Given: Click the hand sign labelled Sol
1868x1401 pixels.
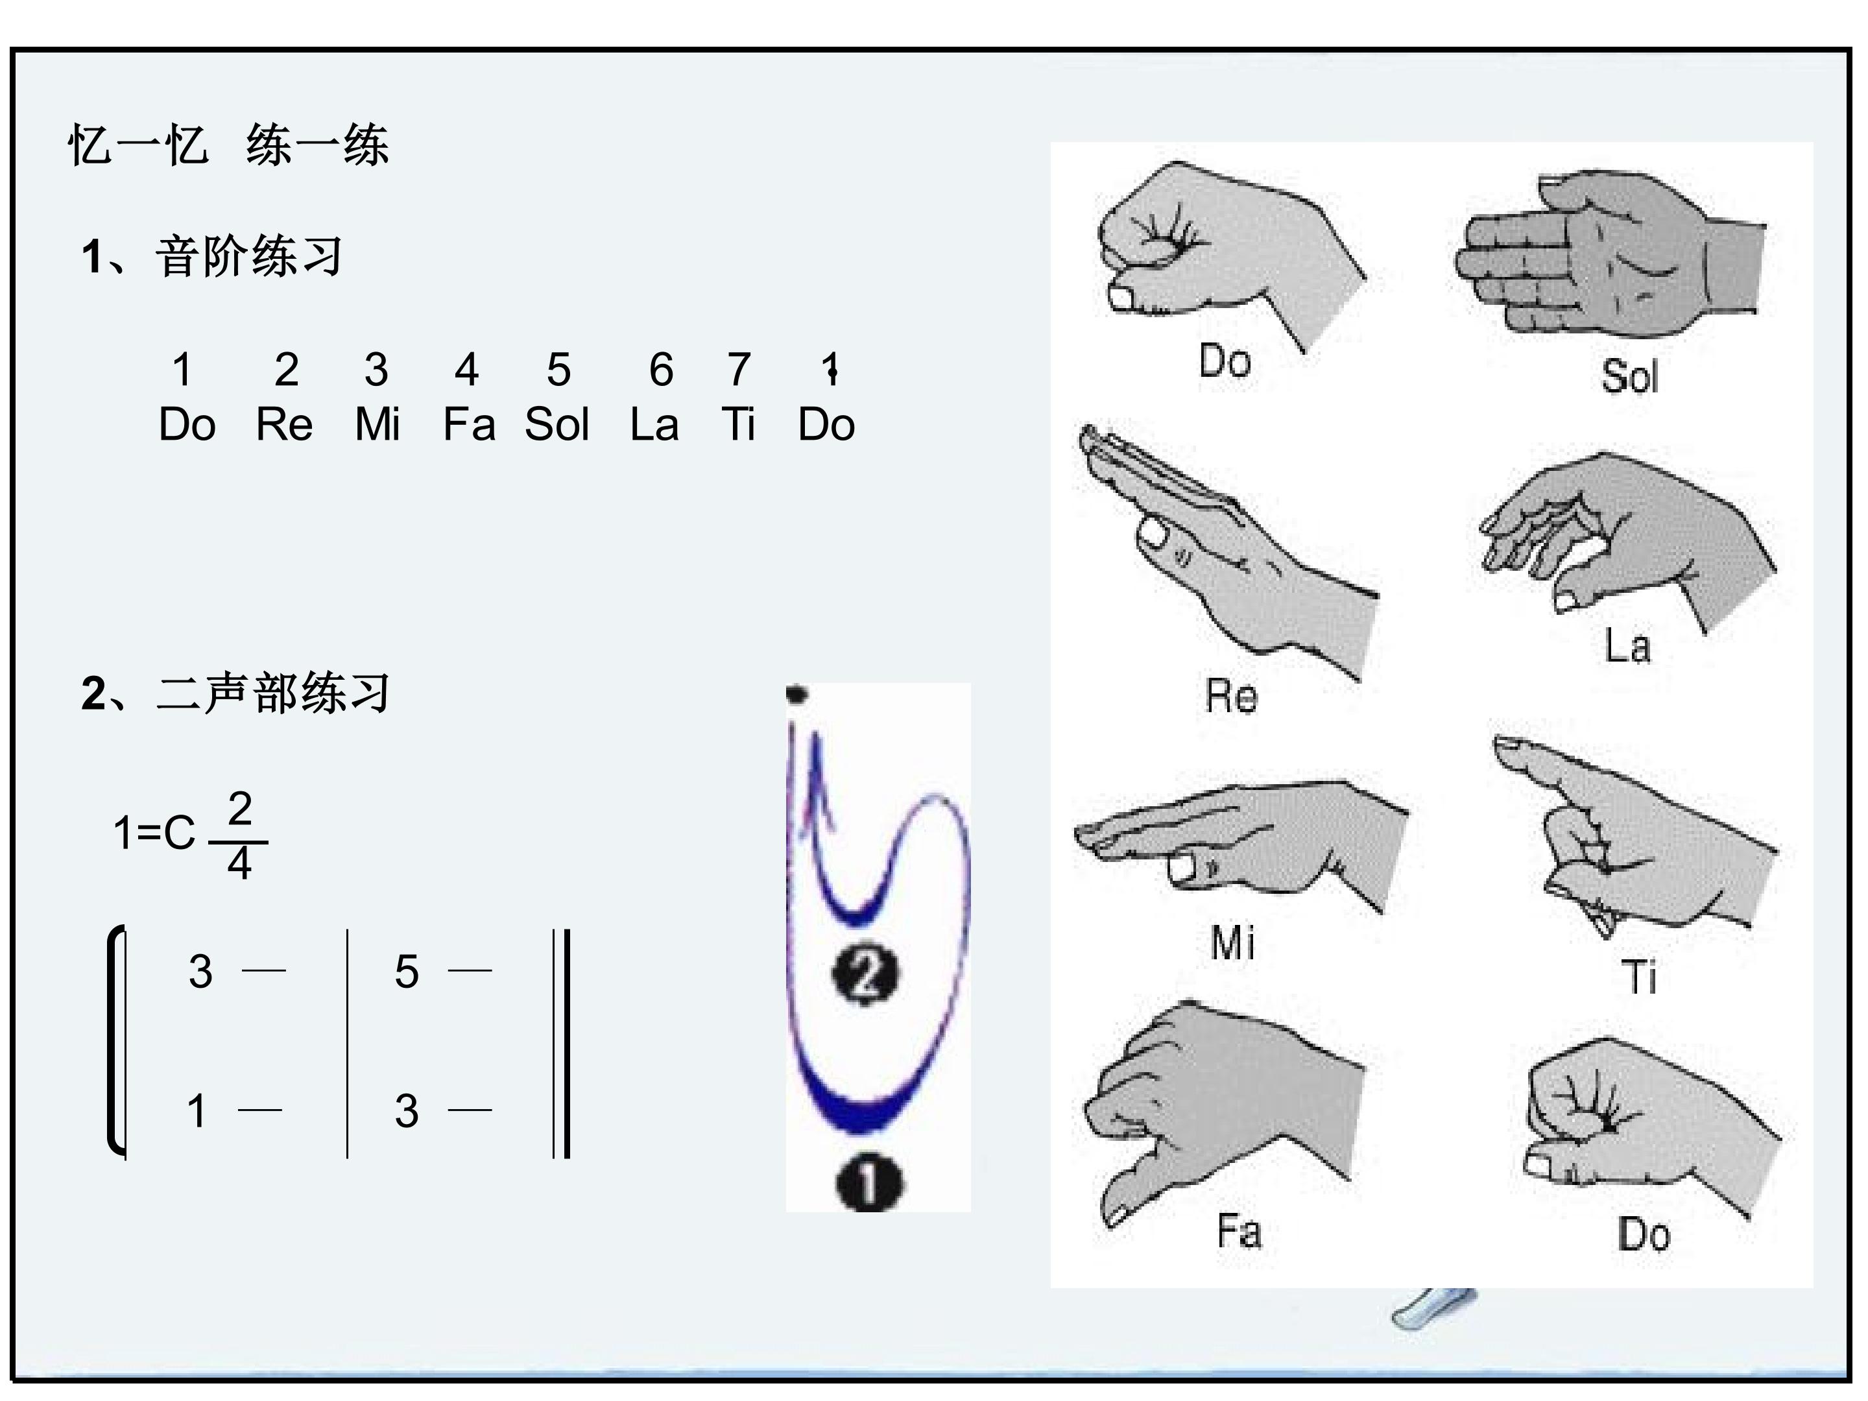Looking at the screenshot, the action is [1609, 254].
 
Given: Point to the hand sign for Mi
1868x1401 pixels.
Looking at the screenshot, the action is [1241, 844].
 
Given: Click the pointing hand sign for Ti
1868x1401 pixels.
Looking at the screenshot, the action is [1634, 836].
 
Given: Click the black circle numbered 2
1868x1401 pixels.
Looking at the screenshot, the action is [866, 976].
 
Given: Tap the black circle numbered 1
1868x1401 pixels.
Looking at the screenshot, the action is [868, 1183].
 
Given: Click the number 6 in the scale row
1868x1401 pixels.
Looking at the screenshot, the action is [661, 370].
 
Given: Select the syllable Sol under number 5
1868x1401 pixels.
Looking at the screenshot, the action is [557, 424].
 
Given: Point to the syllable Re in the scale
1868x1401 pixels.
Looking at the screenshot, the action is [285, 424].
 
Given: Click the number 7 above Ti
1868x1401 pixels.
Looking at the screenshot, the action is [739, 370].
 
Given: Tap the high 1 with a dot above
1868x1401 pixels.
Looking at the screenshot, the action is [830, 369].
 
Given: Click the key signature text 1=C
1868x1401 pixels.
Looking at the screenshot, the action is [154, 833].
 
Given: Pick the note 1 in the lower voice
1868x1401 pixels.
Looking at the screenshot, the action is [197, 1110].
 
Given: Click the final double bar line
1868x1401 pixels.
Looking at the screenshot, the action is [562, 1044].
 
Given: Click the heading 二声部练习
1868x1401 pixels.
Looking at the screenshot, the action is [273, 693].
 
